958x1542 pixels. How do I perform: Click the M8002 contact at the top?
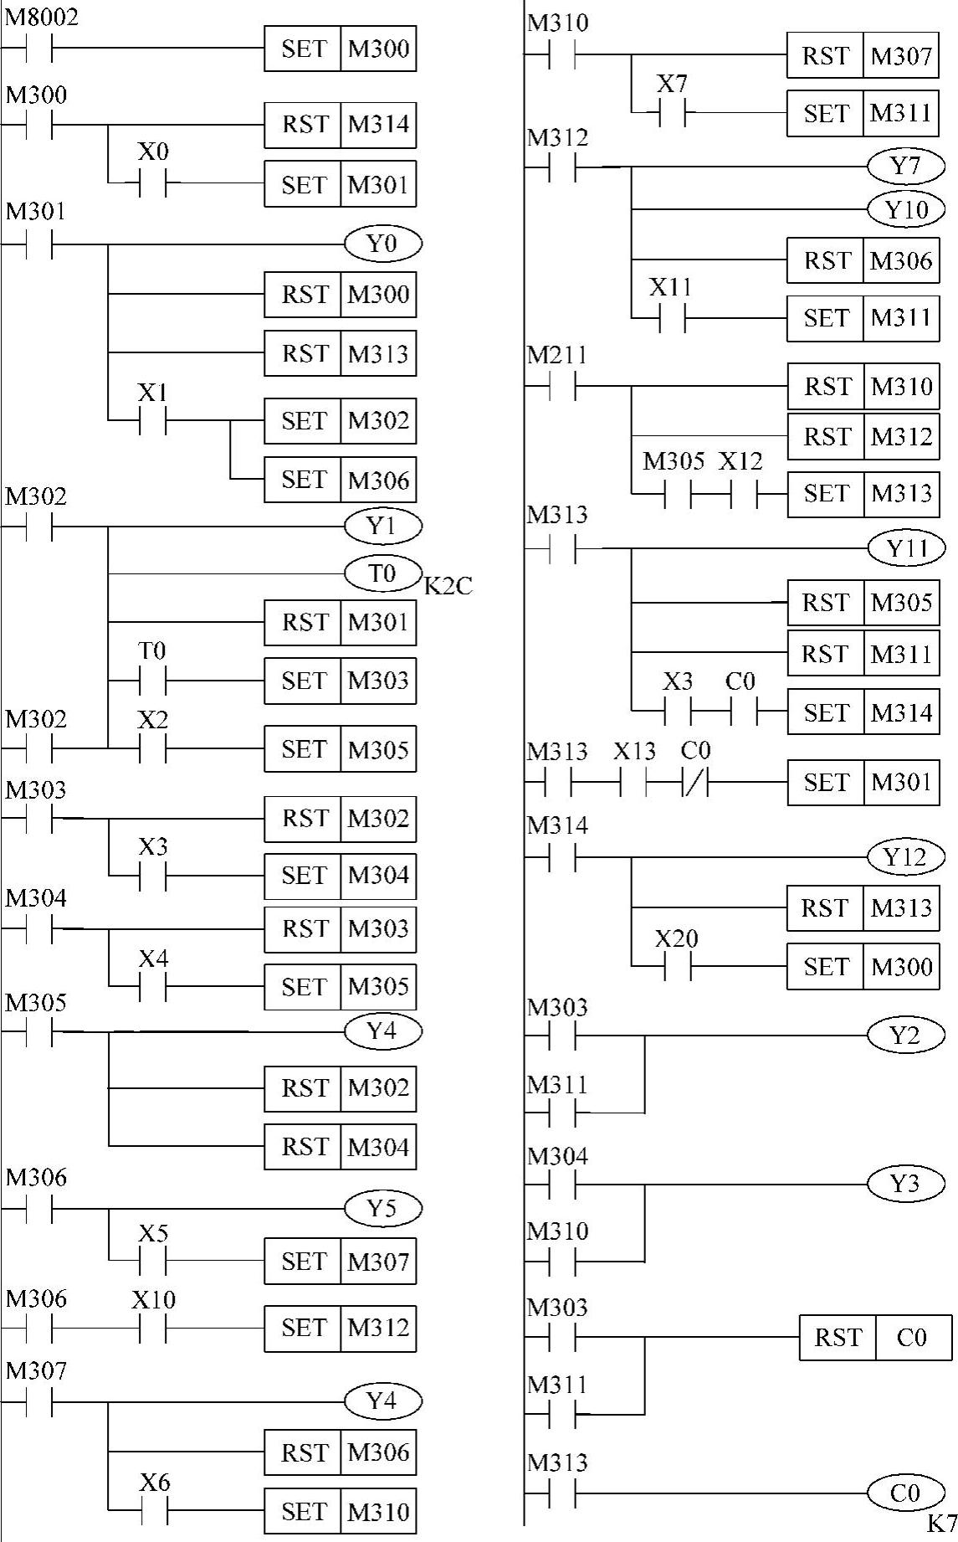38,49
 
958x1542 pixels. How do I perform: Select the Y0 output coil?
382,244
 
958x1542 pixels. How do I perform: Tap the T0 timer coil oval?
382,573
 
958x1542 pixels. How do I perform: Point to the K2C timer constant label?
448,586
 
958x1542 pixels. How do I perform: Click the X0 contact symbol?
152,182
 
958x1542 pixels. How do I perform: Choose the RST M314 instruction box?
340,125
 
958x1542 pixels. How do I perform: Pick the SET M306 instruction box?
340,480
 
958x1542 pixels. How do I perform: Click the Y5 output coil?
382,1208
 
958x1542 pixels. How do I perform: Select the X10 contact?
152,1328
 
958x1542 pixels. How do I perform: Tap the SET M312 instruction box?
340,1328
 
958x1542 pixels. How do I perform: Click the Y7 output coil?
906,167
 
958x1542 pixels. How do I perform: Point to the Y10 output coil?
906,209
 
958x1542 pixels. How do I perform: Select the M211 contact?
562,387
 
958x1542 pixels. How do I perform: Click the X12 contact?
744,494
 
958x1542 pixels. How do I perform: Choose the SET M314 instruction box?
863,712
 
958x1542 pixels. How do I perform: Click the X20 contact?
678,968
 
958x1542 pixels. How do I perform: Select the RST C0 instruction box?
875,1337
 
